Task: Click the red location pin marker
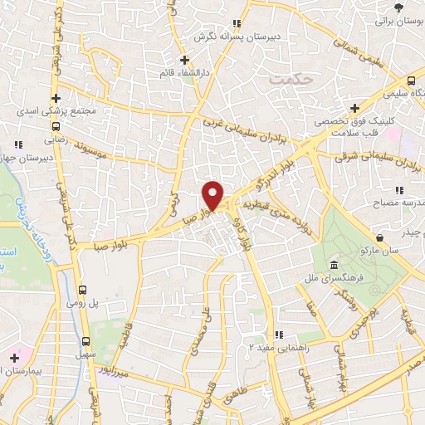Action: pyautogui.click(x=213, y=194)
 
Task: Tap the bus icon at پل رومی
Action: pyautogui.click(x=82, y=290)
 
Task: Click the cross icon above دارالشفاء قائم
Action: pyautogui.click(x=185, y=60)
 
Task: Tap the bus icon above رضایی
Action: pyautogui.click(x=55, y=127)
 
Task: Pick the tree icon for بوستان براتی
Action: pyautogui.click(x=399, y=7)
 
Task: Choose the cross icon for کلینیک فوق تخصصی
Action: pyautogui.click(x=354, y=108)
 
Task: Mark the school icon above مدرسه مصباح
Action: pyautogui.click(x=399, y=190)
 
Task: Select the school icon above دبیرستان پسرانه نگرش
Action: pyautogui.click(x=236, y=23)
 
